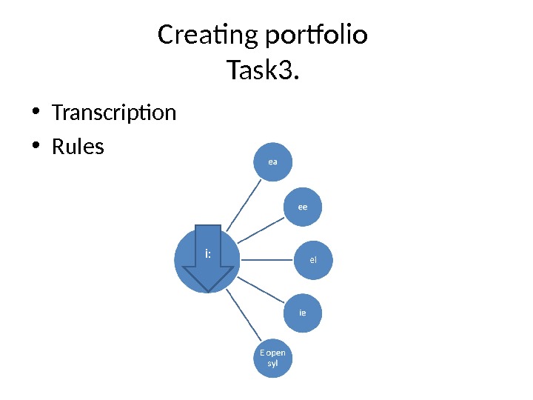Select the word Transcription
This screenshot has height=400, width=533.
click(x=114, y=113)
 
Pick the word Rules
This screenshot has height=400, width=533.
click(x=78, y=147)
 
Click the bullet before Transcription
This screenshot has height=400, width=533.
click(x=35, y=113)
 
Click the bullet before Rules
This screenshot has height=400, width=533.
click(x=35, y=147)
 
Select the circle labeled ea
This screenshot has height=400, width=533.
click(x=272, y=161)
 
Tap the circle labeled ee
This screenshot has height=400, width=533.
click(x=302, y=207)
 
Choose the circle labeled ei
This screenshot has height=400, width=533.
click(x=313, y=260)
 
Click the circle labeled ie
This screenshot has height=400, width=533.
click(x=302, y=313)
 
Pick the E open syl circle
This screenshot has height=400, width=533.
click(x=272, y=359)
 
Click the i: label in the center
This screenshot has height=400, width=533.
click(x=209, y=255)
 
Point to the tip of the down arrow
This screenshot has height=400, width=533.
click(x=209, y=291)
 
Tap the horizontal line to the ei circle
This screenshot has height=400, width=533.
click(x=266, y=260)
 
